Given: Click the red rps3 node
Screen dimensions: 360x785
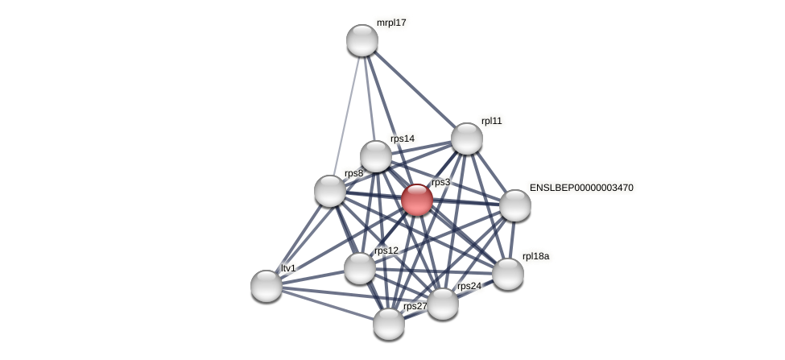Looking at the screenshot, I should [x=417, y=200].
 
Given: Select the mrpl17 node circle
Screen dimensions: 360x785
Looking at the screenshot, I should [x=362, y=40].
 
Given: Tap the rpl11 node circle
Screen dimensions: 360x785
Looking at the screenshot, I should [x=467, y=139].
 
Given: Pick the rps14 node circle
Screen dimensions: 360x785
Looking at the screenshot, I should [x=376, y=156].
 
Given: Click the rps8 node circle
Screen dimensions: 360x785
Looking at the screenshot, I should [x=330, y=191].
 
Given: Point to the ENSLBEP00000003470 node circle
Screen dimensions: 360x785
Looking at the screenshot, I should [x=515, y=205].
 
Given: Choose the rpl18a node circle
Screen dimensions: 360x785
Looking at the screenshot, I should [x=508, y=274].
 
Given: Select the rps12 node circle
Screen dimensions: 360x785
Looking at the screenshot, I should [x=360, y=268].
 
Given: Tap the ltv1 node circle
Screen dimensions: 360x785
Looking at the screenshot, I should [x=266, y=286].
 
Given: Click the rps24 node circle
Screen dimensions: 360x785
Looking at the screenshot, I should [x=443, y=304].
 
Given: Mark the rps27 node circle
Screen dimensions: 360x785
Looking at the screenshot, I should [x=389, y=324].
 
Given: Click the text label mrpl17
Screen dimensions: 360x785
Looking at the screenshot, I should [x=391, y=23].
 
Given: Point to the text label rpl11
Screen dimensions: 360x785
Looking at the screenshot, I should [x=491, y=122].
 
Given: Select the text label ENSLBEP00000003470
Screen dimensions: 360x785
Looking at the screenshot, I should [x=580, y=188].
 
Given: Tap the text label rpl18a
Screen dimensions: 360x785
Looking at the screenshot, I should [x=535, y=257].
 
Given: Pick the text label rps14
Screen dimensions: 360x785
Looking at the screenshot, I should [x=402, y=139].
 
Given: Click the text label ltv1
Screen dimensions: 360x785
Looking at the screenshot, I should [x=288, y=268].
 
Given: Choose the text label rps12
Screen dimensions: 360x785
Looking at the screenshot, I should [x=386, y=250].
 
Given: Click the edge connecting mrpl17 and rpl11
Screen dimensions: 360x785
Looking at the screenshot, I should [x=415, y=89].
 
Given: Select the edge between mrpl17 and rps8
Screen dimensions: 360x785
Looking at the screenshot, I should [x=347, y=113].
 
